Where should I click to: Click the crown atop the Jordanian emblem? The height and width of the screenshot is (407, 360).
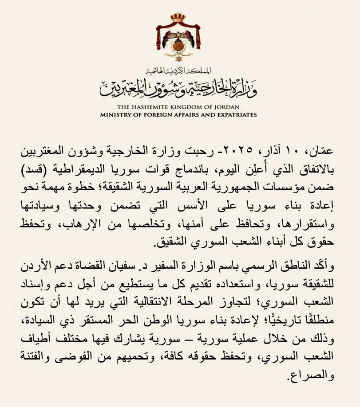(x=178, y=18)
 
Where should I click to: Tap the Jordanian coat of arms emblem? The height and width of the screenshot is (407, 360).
(x=178, y=38)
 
